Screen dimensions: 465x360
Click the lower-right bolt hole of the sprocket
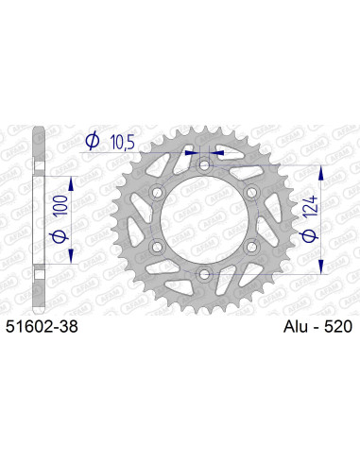(250, 248)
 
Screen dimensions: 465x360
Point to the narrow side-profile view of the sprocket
(38, 219)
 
